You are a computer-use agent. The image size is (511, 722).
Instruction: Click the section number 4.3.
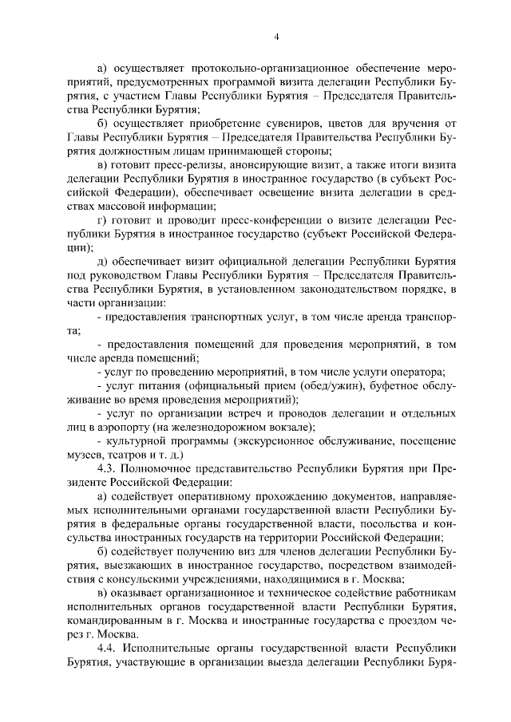click(x=106, y=470)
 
